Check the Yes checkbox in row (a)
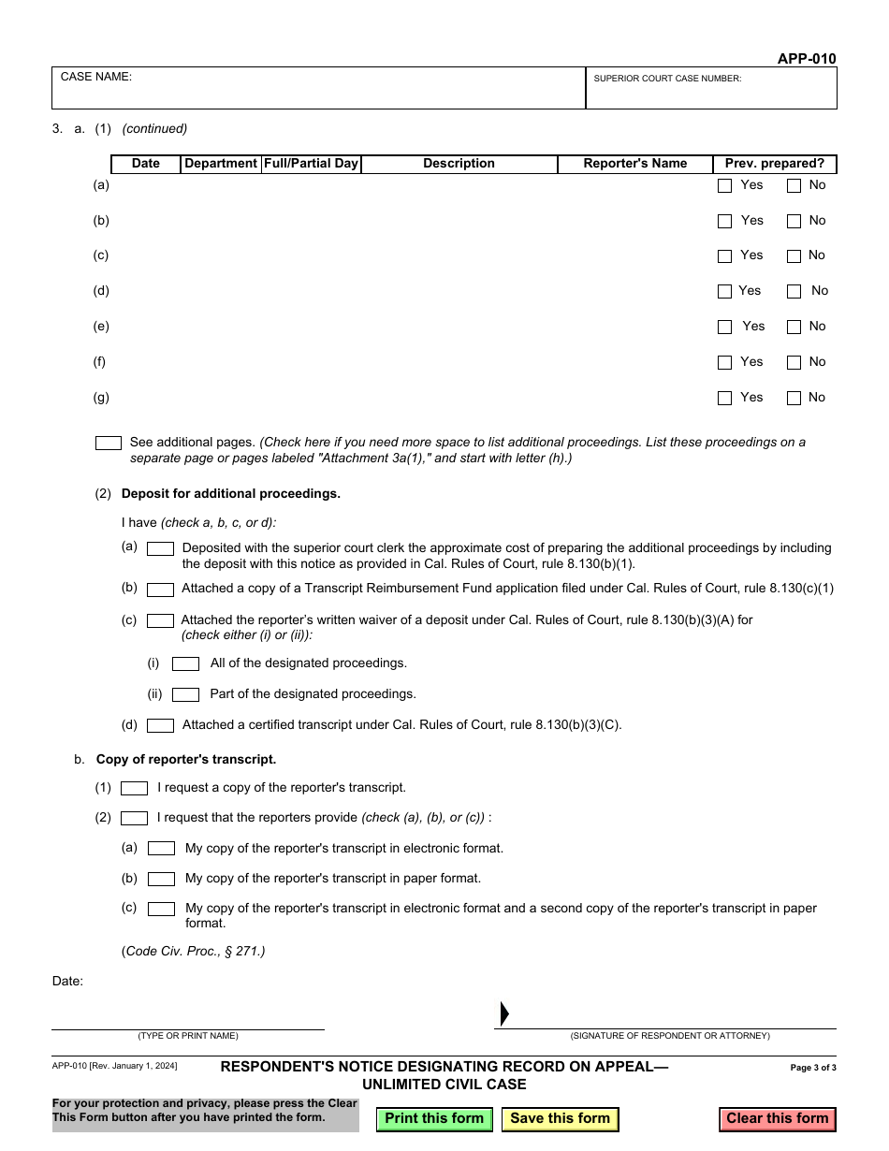724,186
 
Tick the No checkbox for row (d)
794,292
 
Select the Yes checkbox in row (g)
724,399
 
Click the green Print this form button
434,1118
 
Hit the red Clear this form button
777,1118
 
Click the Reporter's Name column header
634,164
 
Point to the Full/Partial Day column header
311,164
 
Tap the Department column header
221,164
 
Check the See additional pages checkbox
109,443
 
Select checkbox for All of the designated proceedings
185,663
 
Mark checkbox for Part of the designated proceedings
185,694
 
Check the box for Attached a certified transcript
160,725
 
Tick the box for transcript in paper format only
161,879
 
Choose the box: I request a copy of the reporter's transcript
134,789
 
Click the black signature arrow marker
504,1013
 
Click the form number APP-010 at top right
807,59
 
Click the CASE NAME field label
96,77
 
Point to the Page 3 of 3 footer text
813,1068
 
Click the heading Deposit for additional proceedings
231,494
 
